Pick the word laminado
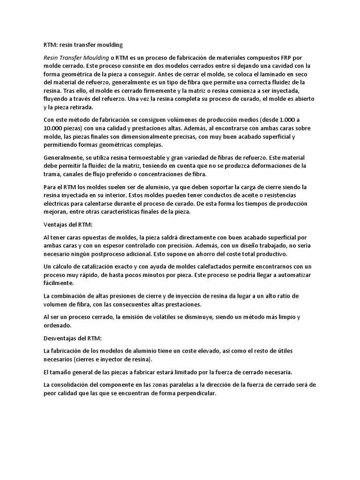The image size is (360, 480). tap(285, 74)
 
